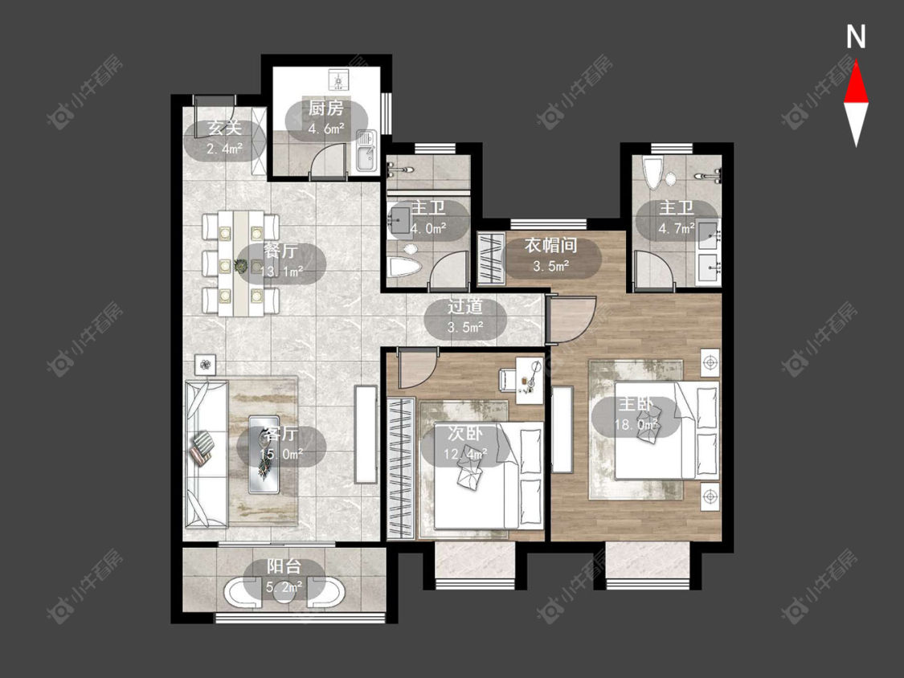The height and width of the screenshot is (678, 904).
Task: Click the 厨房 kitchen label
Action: pos(326,108)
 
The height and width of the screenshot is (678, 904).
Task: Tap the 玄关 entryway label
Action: pos(224,128)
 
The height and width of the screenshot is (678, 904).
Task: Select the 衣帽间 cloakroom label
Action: pos(550,246)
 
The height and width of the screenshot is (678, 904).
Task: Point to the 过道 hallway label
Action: pos(465,306)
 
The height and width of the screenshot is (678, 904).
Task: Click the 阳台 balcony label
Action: pos(284,566)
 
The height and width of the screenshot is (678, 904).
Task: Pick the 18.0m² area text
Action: pos(636,426)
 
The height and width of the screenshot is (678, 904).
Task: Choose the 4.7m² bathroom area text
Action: pos(677,229)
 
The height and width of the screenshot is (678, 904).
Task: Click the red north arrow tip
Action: pos(856,61)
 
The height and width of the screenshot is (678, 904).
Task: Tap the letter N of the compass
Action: pos(856,37)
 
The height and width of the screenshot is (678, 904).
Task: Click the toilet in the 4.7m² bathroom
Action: pos(652,171)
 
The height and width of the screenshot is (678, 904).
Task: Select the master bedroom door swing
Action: pos(571,320)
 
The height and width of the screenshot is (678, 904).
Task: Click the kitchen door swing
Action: pos(328,159)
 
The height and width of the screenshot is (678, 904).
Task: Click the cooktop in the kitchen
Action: pos(337,79)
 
